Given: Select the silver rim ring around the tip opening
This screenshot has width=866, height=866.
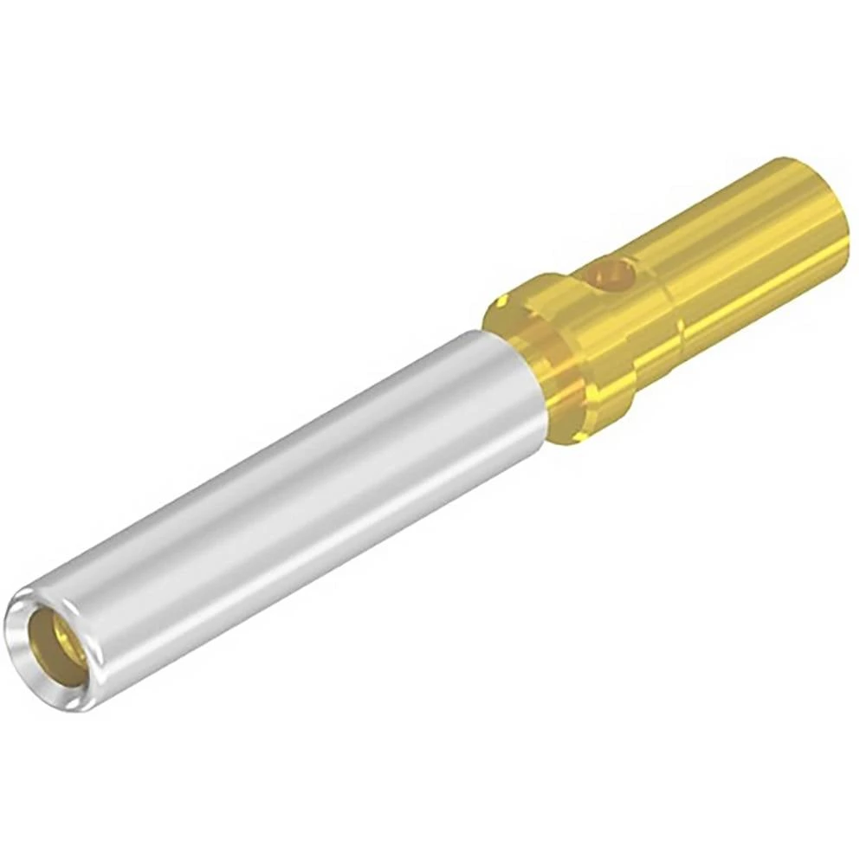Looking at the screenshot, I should click(x=26, y=606).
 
